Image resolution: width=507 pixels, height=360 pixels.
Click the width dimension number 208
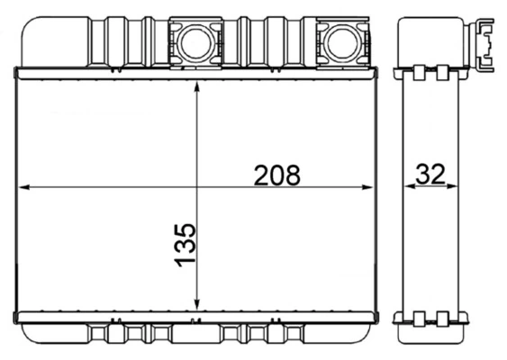coord(276,175)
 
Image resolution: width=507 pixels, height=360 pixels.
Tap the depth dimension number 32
coord(431,175)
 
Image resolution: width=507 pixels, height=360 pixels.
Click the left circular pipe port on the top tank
coord(195,41)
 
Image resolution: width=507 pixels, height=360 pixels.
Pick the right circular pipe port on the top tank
coord(340,41)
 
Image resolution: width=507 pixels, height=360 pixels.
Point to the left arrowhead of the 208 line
coord(25,187)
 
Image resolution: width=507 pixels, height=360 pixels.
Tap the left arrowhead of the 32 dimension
coord(406,187)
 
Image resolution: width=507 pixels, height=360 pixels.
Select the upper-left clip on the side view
coord(420,72)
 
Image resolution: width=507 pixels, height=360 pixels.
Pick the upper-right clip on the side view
coord(442,72)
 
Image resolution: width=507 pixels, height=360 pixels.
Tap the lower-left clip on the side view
coord(420,317)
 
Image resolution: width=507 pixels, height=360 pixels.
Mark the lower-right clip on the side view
coord(442,317)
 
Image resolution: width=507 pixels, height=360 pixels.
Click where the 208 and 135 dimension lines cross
coord(197,187)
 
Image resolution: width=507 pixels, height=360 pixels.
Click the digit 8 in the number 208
coord(291,175)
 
